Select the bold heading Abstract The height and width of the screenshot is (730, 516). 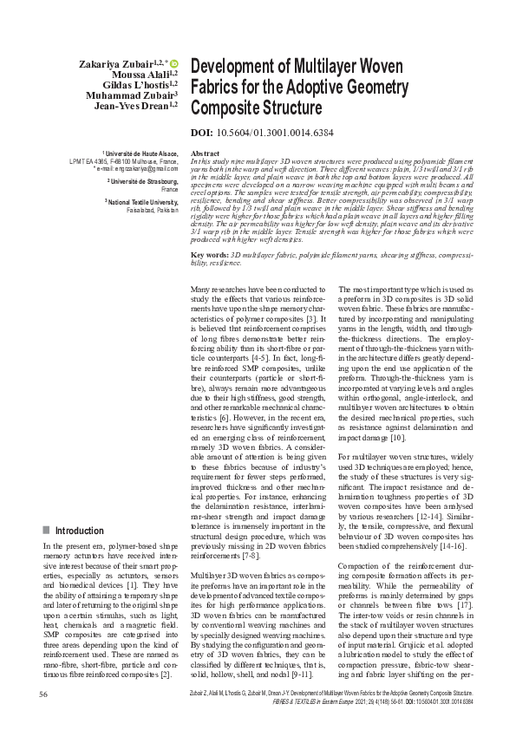click(x=204, y=153)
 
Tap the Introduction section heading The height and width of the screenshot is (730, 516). click(x=80, y=530)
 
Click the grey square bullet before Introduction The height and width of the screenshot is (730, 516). click(x=46, y=530)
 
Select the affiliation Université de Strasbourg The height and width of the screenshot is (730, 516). click(x=144, y=180)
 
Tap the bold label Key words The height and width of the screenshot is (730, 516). click(x=209, y=231)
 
